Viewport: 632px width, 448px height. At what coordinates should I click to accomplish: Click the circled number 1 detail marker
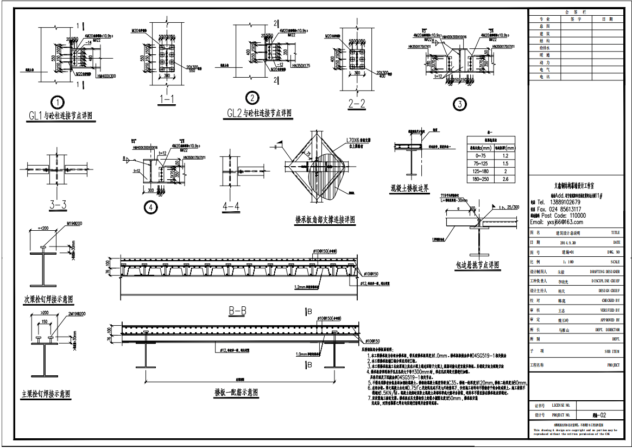pos(57,102)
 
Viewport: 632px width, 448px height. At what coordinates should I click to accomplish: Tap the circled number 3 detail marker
pos(460,104)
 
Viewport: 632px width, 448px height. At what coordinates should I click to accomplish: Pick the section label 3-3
pos(58,204)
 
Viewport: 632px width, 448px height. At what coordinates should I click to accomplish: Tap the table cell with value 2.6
pos(504,179)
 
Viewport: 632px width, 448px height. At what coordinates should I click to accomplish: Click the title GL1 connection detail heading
pos(60,116)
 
